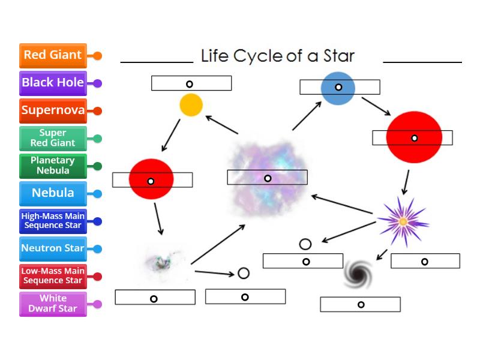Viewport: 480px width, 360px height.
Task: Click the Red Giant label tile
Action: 53,55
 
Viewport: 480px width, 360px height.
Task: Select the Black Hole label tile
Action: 53,83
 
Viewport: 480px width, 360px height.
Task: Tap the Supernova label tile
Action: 53,110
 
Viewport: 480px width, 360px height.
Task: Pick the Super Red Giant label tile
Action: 53,138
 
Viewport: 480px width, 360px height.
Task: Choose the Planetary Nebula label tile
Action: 53,166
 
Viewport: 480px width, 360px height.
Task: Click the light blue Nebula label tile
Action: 53,193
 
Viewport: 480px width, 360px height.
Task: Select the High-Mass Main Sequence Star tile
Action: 53,221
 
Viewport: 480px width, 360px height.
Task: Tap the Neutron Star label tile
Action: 53,248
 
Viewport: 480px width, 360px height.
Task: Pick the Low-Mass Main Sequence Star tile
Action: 53,276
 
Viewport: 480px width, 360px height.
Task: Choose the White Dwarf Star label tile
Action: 53,304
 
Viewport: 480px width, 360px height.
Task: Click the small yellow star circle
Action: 191,105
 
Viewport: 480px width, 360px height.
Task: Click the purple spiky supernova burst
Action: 403,221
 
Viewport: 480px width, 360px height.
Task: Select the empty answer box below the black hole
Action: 360,305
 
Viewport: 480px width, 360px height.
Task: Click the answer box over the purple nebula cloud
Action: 267,178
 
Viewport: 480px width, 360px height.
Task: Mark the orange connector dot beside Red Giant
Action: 97,56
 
